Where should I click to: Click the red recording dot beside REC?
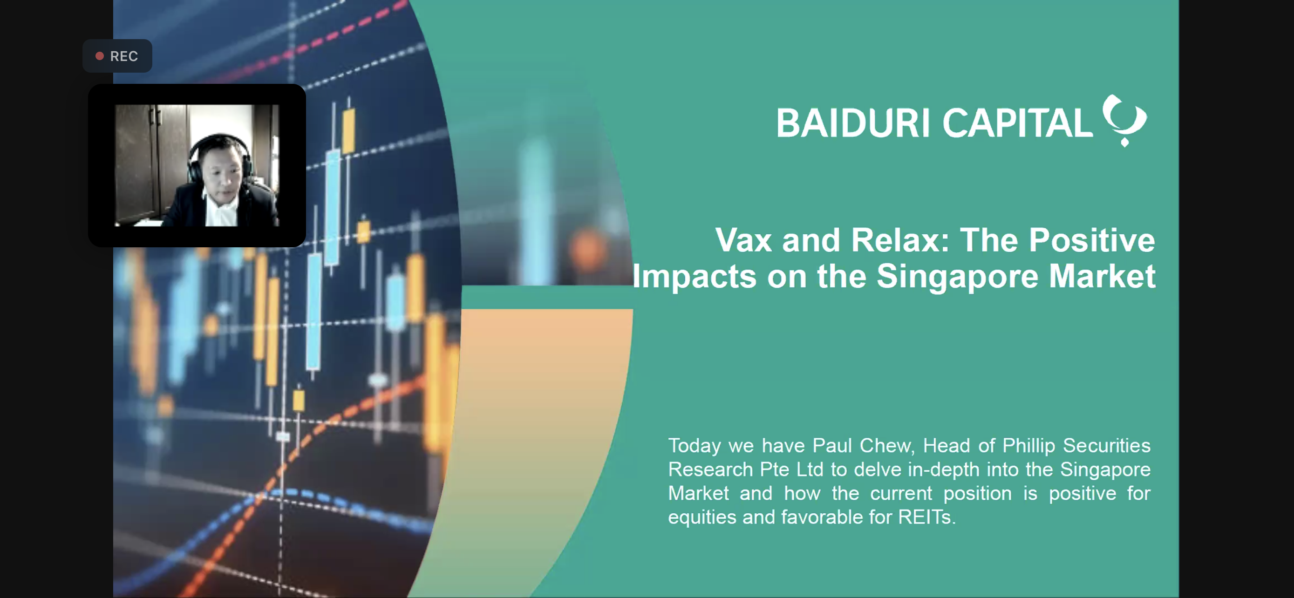point(100,56)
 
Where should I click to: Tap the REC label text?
point(123,56)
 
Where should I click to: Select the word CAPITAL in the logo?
point(1018,122)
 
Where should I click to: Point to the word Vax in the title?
point(743,240)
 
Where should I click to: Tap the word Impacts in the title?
point(694,277)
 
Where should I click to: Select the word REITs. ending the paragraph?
point(927,517)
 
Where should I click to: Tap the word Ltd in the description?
point(810,469)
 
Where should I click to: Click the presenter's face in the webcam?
point(222,172)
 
